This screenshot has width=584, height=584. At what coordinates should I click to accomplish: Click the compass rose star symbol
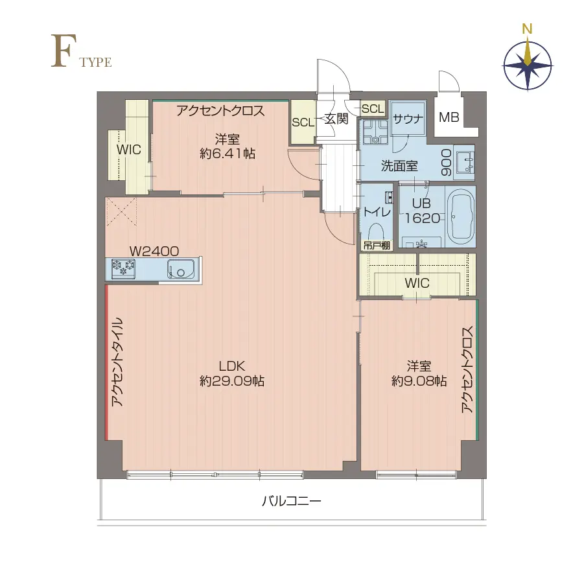[x=528, y=64]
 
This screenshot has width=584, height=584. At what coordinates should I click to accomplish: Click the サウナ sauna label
[x=408, y=119]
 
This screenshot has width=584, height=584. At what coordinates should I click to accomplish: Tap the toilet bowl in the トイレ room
[x=376, y=232]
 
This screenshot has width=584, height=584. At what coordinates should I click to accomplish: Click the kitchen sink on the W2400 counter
[x=181, y=268]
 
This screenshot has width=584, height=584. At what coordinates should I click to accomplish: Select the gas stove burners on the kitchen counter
[x=123, y=268]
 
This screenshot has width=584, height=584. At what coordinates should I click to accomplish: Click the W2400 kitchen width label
[x=154, y=250]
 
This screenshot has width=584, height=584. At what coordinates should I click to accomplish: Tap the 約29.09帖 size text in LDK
[x=231, y=381]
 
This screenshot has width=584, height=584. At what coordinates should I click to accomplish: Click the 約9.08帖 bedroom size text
[x=419, y=381]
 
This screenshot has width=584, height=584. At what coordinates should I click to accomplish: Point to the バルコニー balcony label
[x=292, y=501]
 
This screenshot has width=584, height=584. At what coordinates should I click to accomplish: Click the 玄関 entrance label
[x=336, y=119]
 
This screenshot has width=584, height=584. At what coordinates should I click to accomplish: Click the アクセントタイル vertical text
[x=117, y=362]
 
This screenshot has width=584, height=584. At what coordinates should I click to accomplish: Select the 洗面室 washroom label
[x=399, y=166]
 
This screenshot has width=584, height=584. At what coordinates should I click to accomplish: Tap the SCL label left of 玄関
[x=302, y=123]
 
